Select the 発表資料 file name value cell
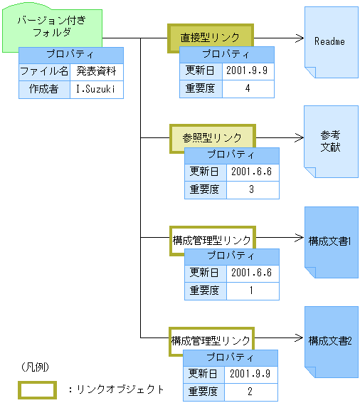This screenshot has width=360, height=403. [97, 72]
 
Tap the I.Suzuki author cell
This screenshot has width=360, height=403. [97, 90]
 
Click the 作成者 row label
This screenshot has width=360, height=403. [43, 90]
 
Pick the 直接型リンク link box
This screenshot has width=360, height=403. [211, 38]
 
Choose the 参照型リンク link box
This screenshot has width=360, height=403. [212, 137]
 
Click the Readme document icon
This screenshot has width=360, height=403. [330, 41]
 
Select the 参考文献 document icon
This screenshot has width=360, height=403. [330, 141]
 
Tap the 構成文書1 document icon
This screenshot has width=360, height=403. [330, 241]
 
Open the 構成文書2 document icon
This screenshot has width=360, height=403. [330, 340]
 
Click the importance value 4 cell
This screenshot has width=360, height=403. [248, 89]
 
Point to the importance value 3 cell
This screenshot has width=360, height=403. [252, 189]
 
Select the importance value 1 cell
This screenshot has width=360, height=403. [252, 291]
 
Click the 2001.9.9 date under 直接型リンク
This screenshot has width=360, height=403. [248, 71]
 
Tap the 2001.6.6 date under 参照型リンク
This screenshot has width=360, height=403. [252, 172]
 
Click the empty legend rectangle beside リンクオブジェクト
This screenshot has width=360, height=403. [37, 389]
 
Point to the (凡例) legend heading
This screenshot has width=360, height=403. [36, 367]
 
